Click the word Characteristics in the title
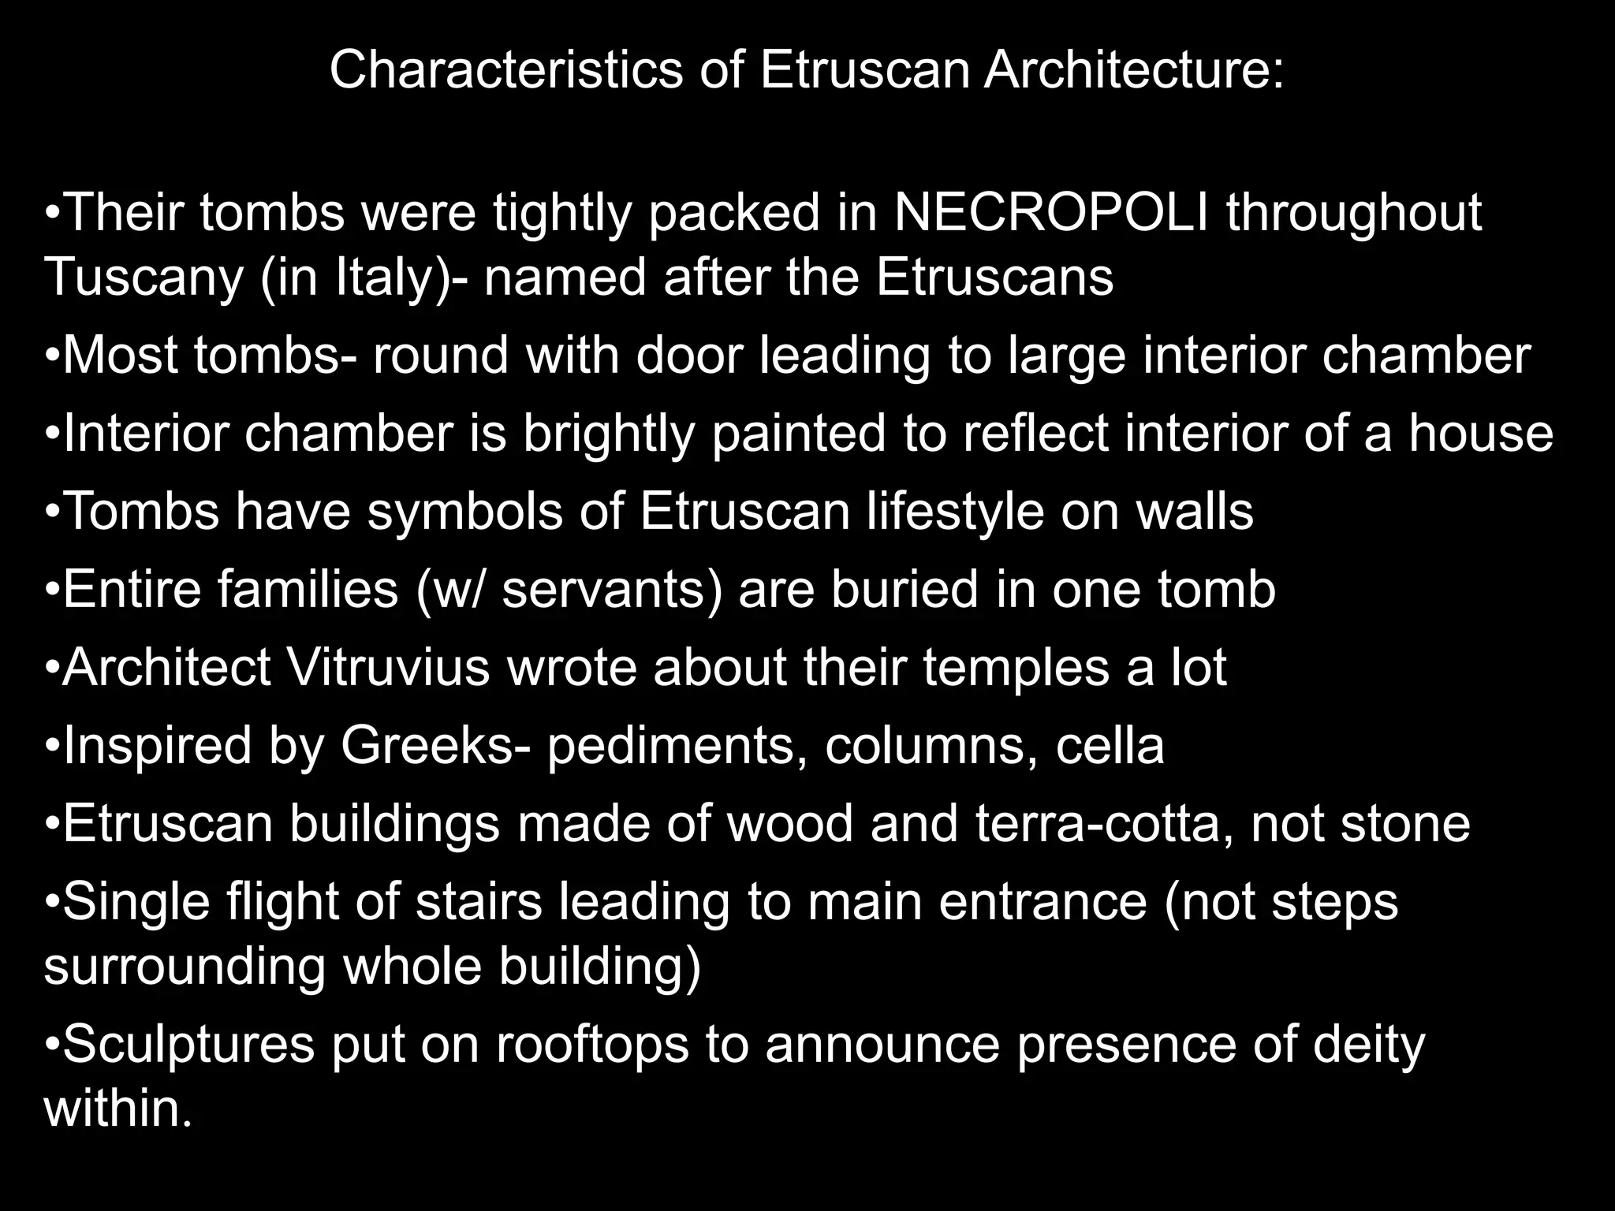(505, 70)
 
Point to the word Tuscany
(144, 278)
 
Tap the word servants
(611, 590)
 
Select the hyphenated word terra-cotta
(1104, 824)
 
